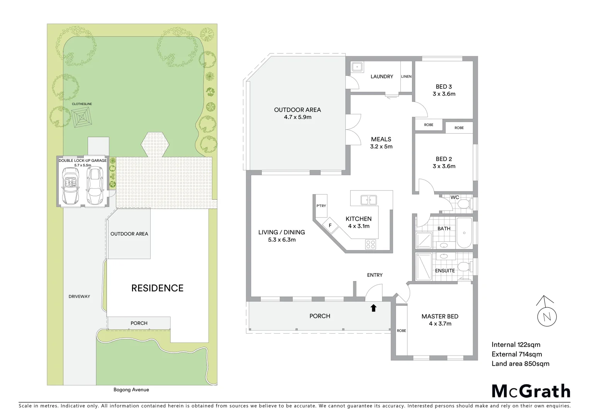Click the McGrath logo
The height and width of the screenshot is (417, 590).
pos(531,391)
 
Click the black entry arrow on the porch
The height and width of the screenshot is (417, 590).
pos(373,308)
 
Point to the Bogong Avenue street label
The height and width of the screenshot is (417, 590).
pos(131,390)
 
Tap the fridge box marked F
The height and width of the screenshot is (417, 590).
pos(330,225)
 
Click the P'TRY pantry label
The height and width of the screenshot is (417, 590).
pos(321,206)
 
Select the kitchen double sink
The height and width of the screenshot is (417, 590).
pos(368,200)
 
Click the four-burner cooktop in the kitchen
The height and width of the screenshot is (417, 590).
pos(370,244)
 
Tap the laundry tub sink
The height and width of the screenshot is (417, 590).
pos(357,67)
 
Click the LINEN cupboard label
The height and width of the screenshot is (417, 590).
pos(406,76)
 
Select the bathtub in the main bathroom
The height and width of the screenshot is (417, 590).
pos(464,233)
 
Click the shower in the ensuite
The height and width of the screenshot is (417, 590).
pos(424,266)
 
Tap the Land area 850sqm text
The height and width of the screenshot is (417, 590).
pos(520,364)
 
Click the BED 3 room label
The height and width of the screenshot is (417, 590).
pos(444,87)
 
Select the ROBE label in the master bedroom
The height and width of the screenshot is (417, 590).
pos(402,331)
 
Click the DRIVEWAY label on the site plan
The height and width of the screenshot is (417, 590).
pos(79,297)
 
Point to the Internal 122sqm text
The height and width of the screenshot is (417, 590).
pos(516,345)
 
